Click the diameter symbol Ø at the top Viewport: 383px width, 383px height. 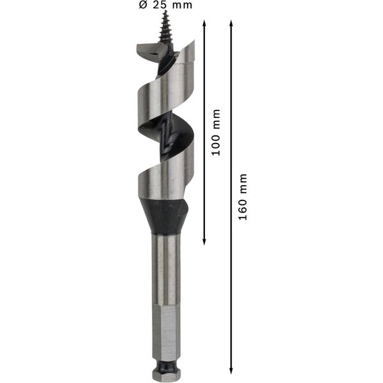click(142, 6)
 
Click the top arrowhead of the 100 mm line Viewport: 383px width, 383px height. click(204, 23)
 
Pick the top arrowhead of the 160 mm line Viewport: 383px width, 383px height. click(232, 23)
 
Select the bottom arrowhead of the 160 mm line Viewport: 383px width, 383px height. click(232, 370)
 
